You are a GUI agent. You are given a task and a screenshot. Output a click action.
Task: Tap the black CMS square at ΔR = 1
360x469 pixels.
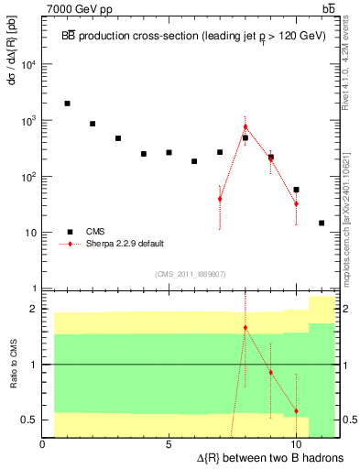click(68, 104)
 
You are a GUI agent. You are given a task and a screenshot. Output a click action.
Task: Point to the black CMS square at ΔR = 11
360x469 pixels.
click(322, 223)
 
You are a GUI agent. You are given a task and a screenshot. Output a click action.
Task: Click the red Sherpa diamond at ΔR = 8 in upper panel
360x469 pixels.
click(245, 126)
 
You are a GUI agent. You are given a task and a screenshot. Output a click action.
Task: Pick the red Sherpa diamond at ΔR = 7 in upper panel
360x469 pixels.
click(220, 199)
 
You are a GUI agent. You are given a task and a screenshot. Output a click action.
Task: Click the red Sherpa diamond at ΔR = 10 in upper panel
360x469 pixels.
click(296, 203)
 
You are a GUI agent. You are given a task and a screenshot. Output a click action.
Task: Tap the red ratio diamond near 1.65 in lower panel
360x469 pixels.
click(245, 327)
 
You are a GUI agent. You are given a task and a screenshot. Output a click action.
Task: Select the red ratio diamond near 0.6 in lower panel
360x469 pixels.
click(296, 411)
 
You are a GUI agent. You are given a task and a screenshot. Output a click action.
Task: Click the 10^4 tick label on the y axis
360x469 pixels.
click(28, 63)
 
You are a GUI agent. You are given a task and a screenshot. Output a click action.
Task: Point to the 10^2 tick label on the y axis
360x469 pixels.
click(28, 176)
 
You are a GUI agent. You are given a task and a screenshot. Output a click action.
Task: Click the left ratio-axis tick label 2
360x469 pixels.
click(34, 309)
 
